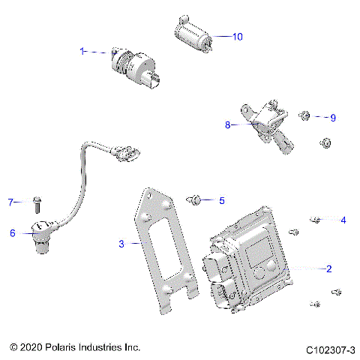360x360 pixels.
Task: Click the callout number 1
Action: (82, 51)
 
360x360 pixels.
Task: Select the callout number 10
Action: (238, 36)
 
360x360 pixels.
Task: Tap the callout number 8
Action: (228, 125)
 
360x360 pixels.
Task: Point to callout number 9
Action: (334, 117)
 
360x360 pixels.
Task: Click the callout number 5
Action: (221, 200)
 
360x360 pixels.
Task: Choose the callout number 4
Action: (343, 220)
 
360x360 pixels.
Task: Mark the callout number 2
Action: (328, 268)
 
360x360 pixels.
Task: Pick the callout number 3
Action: (121, 243)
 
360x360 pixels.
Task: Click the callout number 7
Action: (11, 202)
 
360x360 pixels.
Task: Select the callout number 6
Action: (12, 233)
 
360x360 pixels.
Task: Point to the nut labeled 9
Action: (305, 115)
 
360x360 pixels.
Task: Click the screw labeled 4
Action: (315, 220)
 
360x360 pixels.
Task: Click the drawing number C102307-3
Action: (330, 349)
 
